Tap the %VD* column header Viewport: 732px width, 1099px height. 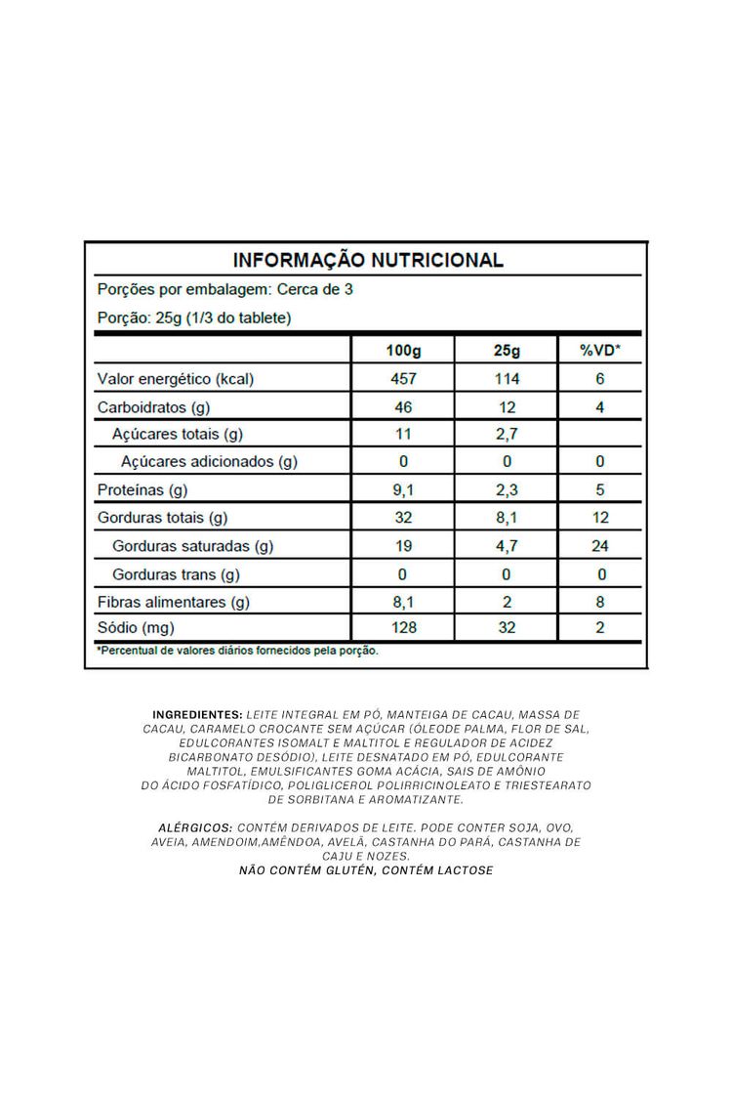coord(600,351)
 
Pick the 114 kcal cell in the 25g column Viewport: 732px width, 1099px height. coord(508,379)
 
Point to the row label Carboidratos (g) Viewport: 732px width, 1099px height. coord(153,406)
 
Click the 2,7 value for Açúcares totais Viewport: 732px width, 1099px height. coord(508,434)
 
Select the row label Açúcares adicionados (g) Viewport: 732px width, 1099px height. coord(208,461)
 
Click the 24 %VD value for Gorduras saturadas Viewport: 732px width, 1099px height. coord(600,546)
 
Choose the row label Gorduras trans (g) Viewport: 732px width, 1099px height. coord(176,573)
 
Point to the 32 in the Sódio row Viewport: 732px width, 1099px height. coord(508,627)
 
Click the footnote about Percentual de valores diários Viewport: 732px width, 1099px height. coord(237,650)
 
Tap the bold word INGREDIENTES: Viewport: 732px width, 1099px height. coord(197,715)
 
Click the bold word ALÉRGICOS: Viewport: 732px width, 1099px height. coord(194,826)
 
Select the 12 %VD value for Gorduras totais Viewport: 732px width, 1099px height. coord(600,518)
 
